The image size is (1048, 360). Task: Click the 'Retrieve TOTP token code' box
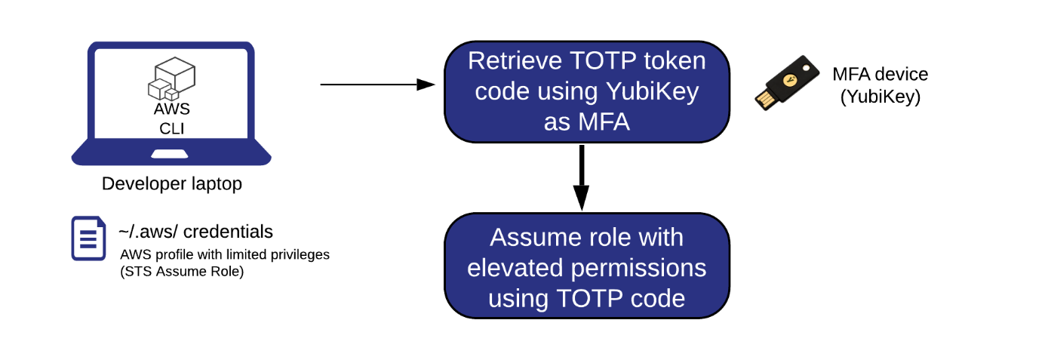pyautogui.click(x=586, y=91)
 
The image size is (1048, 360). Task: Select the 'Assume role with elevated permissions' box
pyautogui.click(x=586, y=266)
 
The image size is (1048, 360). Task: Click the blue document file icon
pyautogui.click(x=88, y=238)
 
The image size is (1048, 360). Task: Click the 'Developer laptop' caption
pyautogui.click(x=171, y=184)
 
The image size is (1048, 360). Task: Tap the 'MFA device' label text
pyautogui.click(x=880, y=74)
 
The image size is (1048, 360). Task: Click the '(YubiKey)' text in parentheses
pyautogui.click(x=880, y=97)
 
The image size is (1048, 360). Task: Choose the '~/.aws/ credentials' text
pyautogui.click(x=195, y=231)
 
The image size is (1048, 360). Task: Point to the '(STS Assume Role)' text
pyautogui.click(x=181, y=272)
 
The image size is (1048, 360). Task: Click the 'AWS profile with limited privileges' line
pyautogui.click(x=224, y=254)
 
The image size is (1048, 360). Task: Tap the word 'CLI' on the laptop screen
pyautogui.click(x=171, y=128)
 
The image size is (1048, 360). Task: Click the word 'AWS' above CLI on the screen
pyautogui.click(x=171, y=109)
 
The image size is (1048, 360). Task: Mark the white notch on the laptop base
pyautogui.click(x=171, y=154)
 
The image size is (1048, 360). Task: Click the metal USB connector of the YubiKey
pyautogui.click(x=764, y=99)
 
